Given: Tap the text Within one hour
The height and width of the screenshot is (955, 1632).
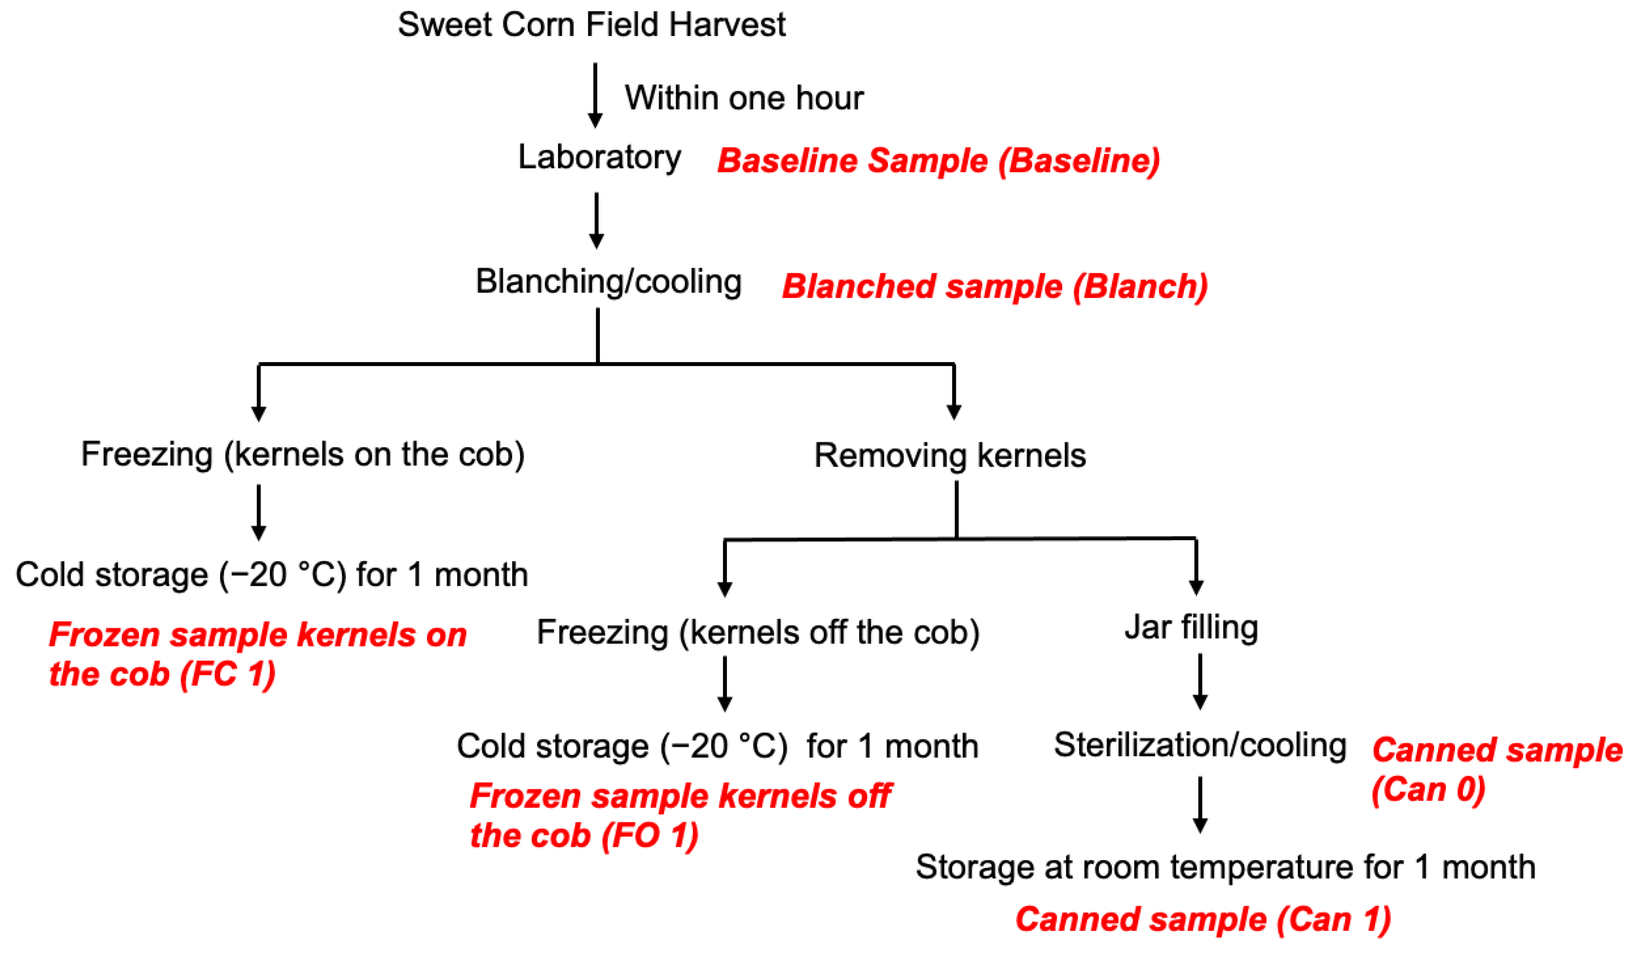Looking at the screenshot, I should (x=743, y=98).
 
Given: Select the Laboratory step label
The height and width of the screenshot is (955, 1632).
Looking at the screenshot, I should (x=599, y=157).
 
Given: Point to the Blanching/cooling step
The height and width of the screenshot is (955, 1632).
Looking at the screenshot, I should (x=608, y=282).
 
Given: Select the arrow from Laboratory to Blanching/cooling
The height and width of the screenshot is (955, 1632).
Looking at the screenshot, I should (x=596, y=220).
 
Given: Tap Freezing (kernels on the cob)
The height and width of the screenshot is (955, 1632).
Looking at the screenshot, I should (x=302, y=454).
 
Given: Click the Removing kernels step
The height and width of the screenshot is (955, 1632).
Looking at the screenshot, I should (x=950, y=456).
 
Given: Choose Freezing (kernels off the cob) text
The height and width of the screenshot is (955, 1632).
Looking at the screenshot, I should (x=758, y=633).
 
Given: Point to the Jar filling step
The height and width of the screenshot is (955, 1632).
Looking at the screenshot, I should (x=1191, y=627).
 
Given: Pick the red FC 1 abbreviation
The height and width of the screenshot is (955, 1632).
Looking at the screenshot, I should (x=227, y=674).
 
